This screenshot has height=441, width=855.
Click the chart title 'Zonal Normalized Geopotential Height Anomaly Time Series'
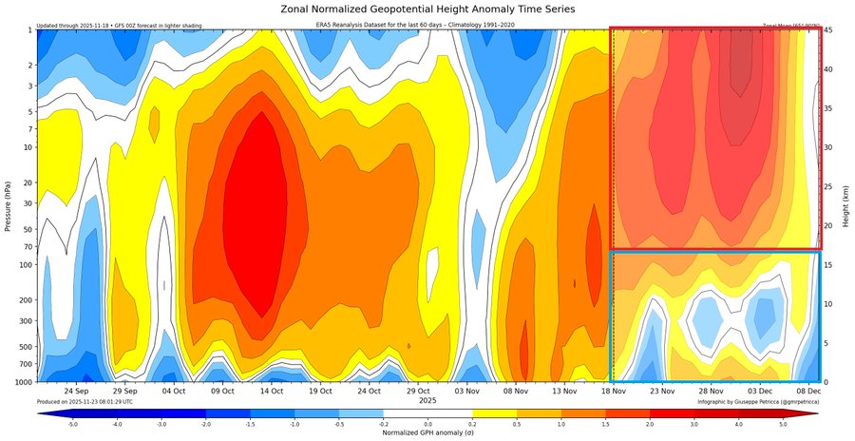tap(427, 9)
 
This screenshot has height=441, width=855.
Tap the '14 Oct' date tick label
tap(272, 391)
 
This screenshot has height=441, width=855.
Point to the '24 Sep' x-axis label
tap(76, 391)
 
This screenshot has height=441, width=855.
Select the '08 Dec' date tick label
tap(808, 391)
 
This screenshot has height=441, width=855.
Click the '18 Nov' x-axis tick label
tap(614, 391)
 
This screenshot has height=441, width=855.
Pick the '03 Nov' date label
tap(467, 391)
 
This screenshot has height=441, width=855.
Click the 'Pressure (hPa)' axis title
tap(8, 204)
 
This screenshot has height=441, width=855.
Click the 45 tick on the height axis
tap(828, 29)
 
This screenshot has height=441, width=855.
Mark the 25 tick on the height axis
tap(828, 186)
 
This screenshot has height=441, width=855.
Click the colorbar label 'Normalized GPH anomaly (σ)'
tap(427, 432)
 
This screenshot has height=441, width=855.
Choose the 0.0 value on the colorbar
tap(427, 423)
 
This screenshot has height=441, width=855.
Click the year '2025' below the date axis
tap(427, 400)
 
